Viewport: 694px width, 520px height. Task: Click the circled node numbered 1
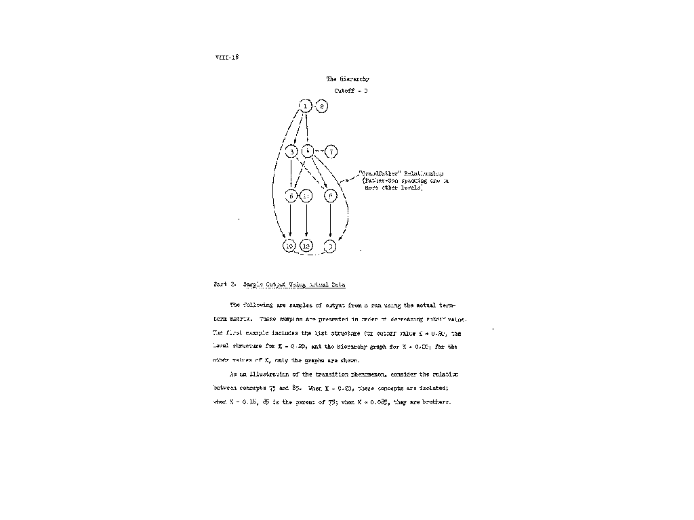[x=306, y=106]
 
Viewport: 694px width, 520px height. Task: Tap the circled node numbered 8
[x=323, y=106]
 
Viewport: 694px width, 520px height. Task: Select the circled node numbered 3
[x=292, y=152]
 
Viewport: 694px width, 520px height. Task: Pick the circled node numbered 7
[x=331, y=151]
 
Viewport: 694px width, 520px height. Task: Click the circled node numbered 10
[x=290, y=246]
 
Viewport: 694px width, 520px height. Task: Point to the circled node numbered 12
[x=306, y=246]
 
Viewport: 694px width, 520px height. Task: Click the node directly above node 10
[x=290, y=196]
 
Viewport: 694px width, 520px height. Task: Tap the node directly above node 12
[x=306, y=196]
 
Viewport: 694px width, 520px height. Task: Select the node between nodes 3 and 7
[x=307, y=151]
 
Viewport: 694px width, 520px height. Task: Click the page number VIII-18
[x=226, y=57]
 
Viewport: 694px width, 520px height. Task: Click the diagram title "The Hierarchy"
[x=348, y=79]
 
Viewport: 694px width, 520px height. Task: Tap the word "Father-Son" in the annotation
[x=379, y=181]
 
